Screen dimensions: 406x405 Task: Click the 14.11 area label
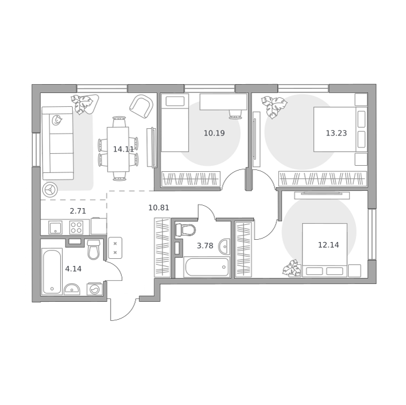click(x=124, y=149)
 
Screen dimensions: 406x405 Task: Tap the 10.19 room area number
click(x=214, y=133)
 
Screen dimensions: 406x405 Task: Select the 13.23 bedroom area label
click(x=336, y=133)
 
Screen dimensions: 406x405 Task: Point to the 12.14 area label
click(x=328, y=245)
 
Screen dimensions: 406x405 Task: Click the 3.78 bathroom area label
click(x=205, y=245)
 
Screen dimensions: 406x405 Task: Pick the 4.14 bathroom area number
click(x=73, y=269)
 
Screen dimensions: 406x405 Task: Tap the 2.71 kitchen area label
click(x=78, y=211)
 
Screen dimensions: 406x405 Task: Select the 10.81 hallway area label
click(x=159, y=208)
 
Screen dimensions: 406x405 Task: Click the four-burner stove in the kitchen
click(x=76, y=228)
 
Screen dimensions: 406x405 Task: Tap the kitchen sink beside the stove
click(x=56, y=228)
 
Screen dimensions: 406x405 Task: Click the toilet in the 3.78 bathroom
click(x=186, y=230)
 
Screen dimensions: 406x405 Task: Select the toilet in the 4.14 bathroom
click(x=94, y=249)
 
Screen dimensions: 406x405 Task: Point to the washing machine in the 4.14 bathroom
click(x=95, y=289)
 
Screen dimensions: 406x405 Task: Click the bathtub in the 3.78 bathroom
click(x=207, y=267)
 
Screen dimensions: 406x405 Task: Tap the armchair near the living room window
click(x=142, y=106)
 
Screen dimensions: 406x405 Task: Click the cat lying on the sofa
click(x=57, y=120)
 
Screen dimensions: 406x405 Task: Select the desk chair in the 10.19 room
click(x=235, y=115)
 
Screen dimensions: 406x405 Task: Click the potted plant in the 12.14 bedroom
click(x=292, y=268)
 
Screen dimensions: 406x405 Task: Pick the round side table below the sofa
click(x=50, y=190)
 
